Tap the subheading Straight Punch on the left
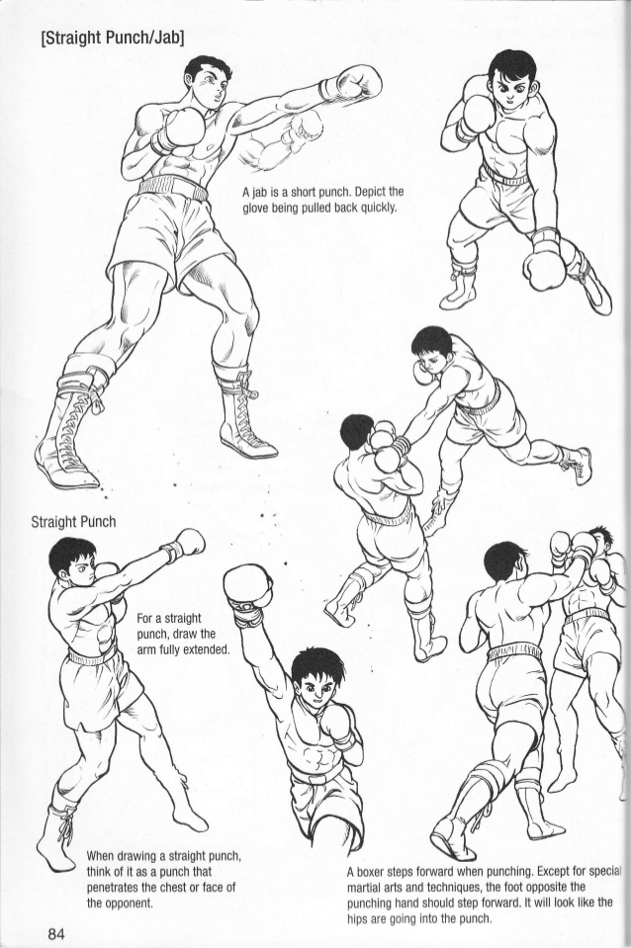73,521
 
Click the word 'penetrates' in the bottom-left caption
121,887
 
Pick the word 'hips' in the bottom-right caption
362,918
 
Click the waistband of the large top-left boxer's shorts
172,188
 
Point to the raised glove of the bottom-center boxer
247,587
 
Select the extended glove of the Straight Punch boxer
187,543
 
